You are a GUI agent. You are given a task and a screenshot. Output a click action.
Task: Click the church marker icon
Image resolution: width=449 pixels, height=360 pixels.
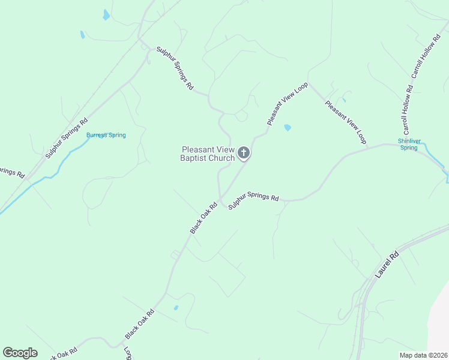click(244, 153)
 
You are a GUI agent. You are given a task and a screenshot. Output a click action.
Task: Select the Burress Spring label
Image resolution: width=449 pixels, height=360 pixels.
click(106, 135)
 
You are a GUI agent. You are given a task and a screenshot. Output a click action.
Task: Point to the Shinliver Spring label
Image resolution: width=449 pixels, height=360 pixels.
click(408, 145)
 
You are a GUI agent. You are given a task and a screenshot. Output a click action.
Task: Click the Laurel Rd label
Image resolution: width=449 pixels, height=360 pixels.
click(388, 265)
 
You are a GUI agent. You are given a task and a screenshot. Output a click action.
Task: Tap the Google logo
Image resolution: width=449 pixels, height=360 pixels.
click(20, 353)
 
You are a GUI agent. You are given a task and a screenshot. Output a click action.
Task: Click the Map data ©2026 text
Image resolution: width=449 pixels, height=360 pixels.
click(423, 355)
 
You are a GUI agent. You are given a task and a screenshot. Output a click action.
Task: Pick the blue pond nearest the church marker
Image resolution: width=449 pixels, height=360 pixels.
click(287, 128)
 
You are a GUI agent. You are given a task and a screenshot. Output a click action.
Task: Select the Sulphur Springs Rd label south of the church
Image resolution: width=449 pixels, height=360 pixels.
click(254, 199)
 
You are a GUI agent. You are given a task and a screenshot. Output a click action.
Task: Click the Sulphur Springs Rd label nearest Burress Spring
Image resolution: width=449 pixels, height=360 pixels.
click(67, 138)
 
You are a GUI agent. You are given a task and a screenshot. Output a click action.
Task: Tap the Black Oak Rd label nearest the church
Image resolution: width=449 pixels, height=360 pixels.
click(203, 218)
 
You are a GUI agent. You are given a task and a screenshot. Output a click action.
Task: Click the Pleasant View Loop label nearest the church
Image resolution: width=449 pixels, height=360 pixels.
click(288, 104)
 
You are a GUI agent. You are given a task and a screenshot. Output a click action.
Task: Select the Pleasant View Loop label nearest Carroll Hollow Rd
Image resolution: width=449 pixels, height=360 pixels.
click(346, 122)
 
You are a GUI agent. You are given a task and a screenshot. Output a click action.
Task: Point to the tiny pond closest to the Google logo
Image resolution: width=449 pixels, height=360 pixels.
click(175, 308)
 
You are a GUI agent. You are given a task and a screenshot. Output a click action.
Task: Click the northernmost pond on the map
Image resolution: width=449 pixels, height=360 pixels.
click(106, 15)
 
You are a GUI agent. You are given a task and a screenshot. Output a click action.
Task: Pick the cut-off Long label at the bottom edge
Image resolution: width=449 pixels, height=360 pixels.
click(127, 353)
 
